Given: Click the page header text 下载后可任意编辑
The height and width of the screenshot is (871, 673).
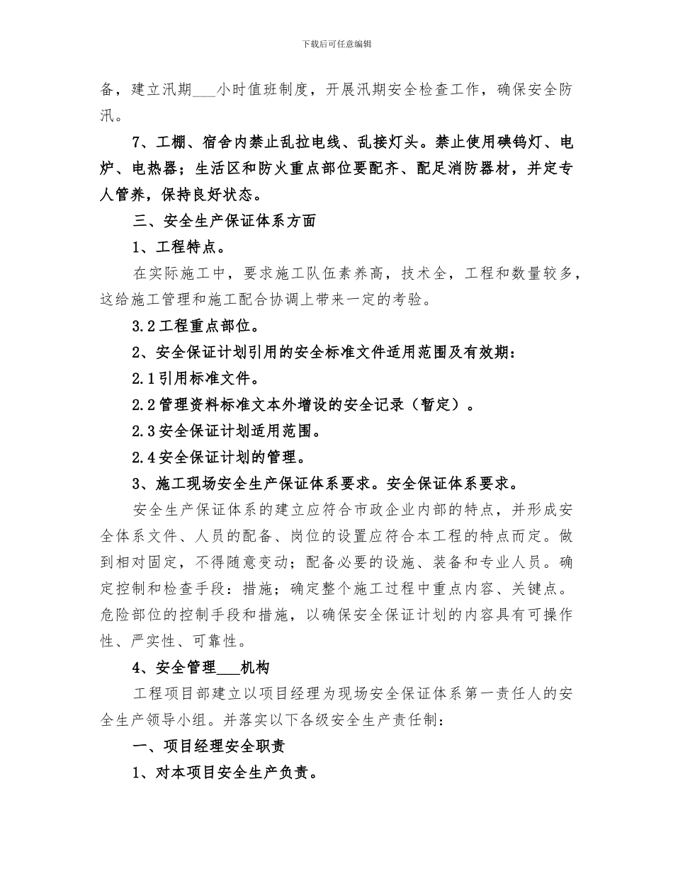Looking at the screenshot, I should coord(336,44).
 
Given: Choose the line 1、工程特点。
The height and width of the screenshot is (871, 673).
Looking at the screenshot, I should coord(179,247).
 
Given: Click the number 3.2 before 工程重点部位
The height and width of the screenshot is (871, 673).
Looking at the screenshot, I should coord(143,326).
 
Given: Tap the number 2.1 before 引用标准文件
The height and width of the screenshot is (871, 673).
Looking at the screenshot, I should coord(143,379).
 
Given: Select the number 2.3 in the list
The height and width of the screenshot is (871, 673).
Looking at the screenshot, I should coord(143,431).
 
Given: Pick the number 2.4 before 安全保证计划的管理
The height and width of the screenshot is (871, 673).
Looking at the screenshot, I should coord(143,457).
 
